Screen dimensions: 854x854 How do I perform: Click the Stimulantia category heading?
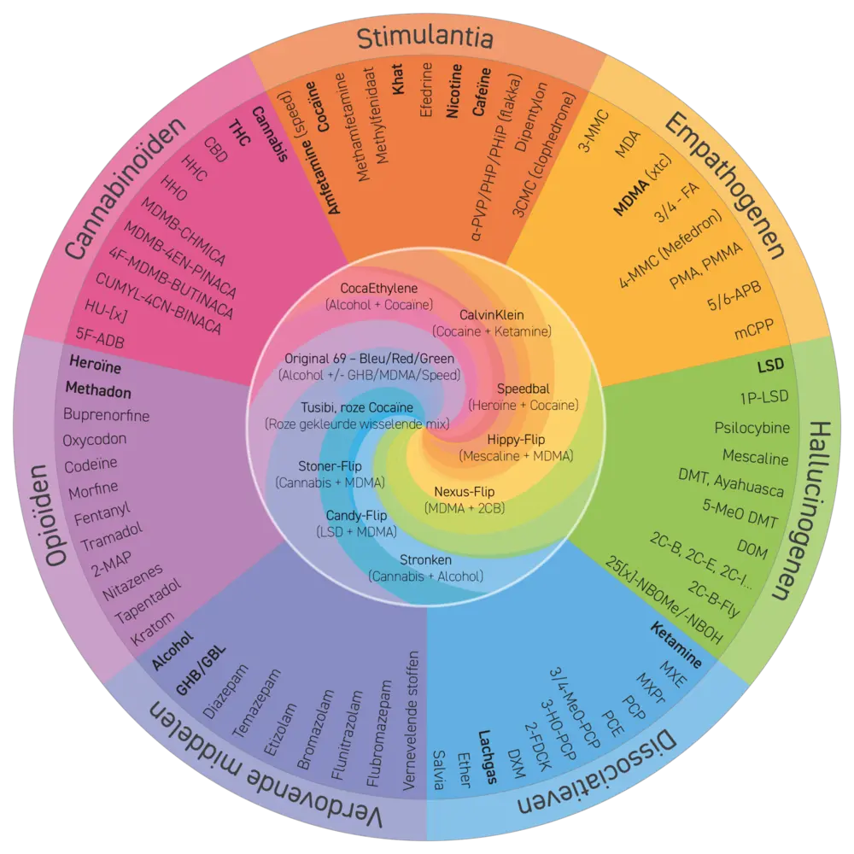point(424,38)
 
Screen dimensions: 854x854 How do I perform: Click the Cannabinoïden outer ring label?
point(126,188)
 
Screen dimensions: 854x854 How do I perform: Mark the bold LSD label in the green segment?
point(772,366)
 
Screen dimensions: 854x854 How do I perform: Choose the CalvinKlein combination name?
point(492,314)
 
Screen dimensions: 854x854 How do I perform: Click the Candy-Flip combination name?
point(356,517)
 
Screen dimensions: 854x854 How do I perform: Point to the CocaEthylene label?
point(378,288)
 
